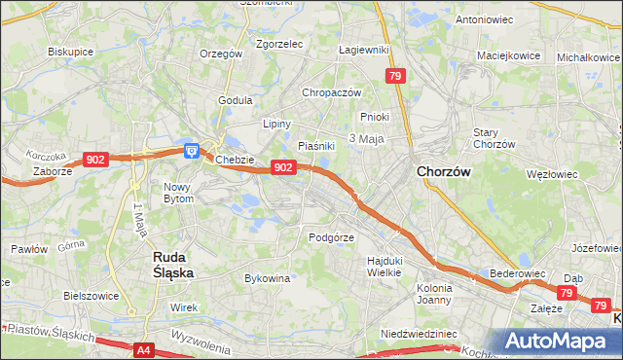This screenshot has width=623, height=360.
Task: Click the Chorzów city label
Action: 444,171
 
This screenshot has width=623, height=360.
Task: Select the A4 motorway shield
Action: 144,348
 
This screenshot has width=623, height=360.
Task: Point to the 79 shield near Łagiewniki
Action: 395,76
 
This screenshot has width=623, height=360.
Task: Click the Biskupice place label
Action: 69,52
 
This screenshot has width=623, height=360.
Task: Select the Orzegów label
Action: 219,54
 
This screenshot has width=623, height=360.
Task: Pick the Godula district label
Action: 236,100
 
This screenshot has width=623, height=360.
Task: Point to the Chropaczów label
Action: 332,92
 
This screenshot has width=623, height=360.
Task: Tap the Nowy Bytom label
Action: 178,193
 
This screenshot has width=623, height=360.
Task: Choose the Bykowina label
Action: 268,278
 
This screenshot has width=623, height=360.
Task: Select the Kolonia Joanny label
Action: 434,294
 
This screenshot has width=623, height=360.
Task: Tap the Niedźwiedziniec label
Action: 419,334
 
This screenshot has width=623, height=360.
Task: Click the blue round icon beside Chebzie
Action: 192,151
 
